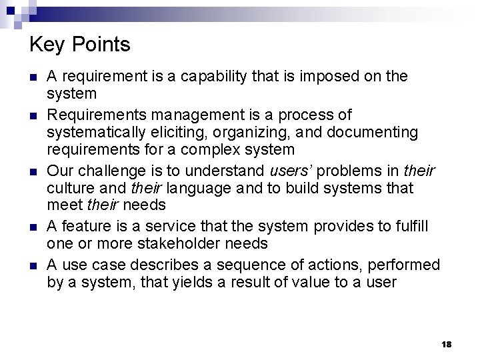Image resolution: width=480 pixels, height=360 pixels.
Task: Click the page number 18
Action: (x=446, y=344)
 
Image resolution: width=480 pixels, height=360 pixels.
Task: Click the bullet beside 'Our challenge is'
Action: (x=34, y=172)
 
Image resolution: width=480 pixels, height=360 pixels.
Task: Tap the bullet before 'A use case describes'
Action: (x=34, y=265)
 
